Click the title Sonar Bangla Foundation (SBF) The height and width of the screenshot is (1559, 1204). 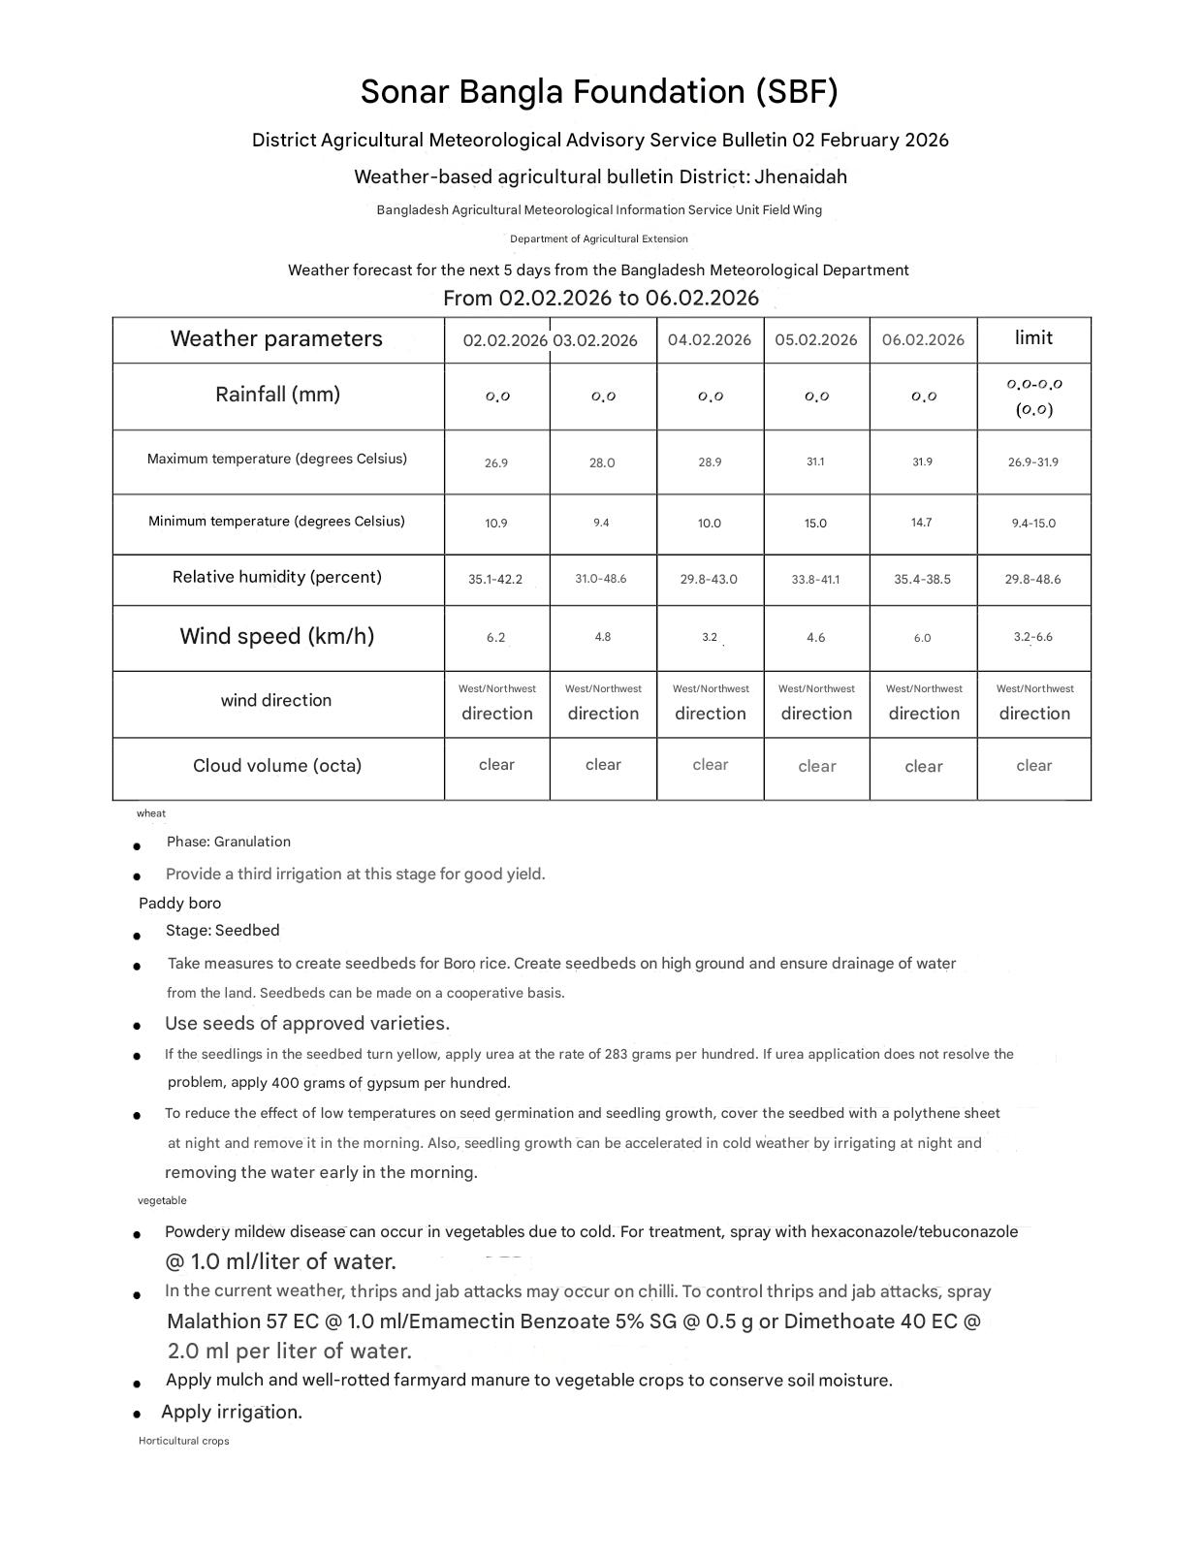click(x=599, y=92)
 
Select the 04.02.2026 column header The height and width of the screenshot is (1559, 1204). click(x=710, y=339)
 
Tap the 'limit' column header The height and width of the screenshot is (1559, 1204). click(x=1033, y=337)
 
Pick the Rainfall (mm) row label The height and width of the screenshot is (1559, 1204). click(x=277, y=395)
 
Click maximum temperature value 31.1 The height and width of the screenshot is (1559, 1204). click(x=815, y=462)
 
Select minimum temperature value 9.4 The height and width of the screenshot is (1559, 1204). click(x=601, y=523)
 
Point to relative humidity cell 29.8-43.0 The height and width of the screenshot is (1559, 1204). click(x=709, y=579)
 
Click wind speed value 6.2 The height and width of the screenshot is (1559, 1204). click(x=495, y=638)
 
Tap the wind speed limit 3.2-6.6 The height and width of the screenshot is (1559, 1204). click(x=1033, y=637)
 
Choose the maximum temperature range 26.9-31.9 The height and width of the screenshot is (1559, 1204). click(x=1033, y=462)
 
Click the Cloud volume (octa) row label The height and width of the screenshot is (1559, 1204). click(x=277, y=766)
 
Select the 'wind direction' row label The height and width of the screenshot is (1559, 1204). click(x=276, y=700)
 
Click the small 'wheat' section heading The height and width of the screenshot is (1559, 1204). click(x=151, y=813)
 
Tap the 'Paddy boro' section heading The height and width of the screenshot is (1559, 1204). click(x=179, y=904)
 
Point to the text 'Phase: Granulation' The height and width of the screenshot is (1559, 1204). click(x=228, y=842)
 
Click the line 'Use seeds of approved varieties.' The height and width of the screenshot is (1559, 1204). click(x=307, y=1024)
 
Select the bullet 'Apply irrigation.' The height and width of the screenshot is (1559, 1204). click(x=232, y=1412)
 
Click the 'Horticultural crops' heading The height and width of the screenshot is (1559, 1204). click(x=184, y=1441)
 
